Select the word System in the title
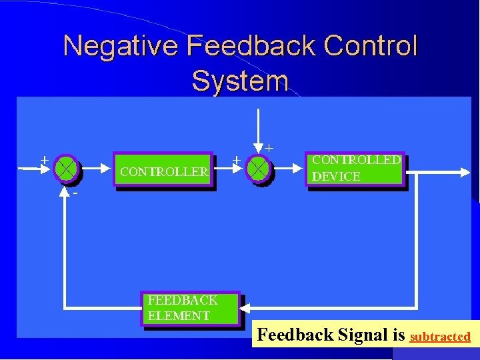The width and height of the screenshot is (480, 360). tap(240, 81)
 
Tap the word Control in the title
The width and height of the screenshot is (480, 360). tap(371, 47)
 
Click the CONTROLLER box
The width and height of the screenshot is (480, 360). tap(164, 171)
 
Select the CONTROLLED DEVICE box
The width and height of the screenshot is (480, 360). tap(356, 168)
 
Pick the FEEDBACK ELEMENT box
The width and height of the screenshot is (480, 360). tap(190, 308)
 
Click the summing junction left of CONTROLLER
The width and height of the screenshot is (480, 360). tap(67, 169)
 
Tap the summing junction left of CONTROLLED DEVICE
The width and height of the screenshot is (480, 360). tap(259, 169)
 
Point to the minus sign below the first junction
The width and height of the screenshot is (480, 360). tap(75, 193)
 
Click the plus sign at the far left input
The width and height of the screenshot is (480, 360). tap(44, 160)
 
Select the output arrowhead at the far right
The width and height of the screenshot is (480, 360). tap(466, 172)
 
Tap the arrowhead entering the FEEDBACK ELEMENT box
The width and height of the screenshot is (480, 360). tap(245, 309)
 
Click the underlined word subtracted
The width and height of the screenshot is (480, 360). tap(440, 337)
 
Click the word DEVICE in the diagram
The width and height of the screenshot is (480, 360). tap(336, 177)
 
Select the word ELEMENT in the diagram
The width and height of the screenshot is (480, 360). tap(179, 316)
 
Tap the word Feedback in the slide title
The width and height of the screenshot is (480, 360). tap(250, 47)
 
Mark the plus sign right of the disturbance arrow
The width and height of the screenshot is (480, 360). tap(270, 147)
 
